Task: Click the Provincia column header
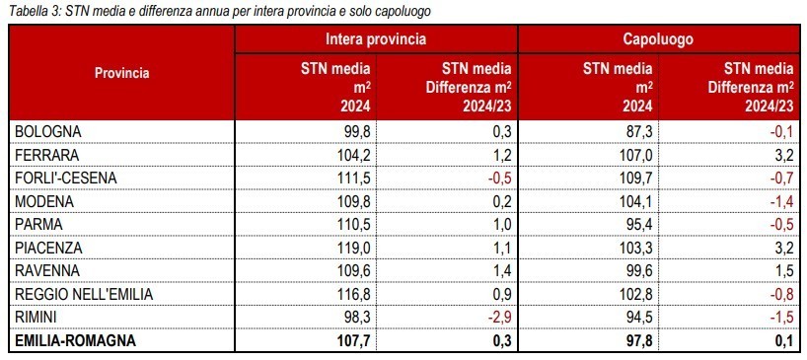122,73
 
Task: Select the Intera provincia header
376,39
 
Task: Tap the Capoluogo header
659,39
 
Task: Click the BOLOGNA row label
48,131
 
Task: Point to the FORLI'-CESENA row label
66,178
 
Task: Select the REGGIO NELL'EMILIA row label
85,294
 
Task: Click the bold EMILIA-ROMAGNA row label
75,340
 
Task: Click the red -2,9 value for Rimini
499,318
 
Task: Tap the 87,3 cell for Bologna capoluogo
639,131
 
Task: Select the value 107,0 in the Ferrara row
636,155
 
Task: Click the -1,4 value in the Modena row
781,201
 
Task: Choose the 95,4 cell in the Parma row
639,225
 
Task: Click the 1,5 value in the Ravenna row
784,271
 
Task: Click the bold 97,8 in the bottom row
638,340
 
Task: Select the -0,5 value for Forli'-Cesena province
499,178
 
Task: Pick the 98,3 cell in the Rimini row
358,318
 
